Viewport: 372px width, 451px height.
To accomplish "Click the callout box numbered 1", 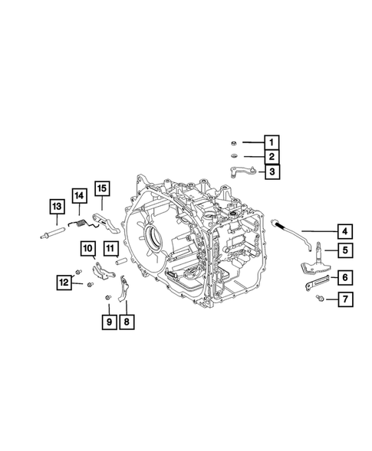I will (271, 142).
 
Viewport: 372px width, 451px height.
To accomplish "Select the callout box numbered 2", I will (271, 158).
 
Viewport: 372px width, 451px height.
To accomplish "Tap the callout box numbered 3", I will (271, 173).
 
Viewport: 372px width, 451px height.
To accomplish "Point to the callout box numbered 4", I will (345, 230).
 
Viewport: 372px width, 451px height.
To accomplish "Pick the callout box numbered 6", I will (345, 278).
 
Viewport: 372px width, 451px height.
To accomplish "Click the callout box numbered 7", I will (345, 299).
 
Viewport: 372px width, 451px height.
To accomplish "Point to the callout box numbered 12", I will (62, 283).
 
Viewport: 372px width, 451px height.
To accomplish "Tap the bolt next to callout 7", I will (318, 300).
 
